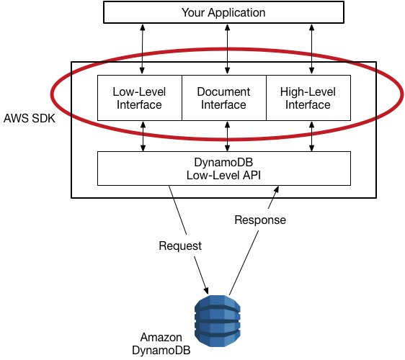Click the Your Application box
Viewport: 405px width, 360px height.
coord(223,12)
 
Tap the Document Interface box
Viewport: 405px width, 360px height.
coord(223,98)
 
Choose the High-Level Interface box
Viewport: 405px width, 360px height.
coord(308,98)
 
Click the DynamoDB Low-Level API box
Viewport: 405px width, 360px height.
coord(223,168)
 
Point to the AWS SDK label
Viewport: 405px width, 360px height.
coord(30,117)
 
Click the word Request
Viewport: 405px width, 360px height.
coord(180,246)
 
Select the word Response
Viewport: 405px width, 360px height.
coord(260,220)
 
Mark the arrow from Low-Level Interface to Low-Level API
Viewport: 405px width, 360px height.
coord(142,136)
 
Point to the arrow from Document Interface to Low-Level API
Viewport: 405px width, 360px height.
coord(228,136)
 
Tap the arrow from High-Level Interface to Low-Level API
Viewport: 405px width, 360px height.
coord(311,136)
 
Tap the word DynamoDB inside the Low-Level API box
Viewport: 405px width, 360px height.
coord(223,162)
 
